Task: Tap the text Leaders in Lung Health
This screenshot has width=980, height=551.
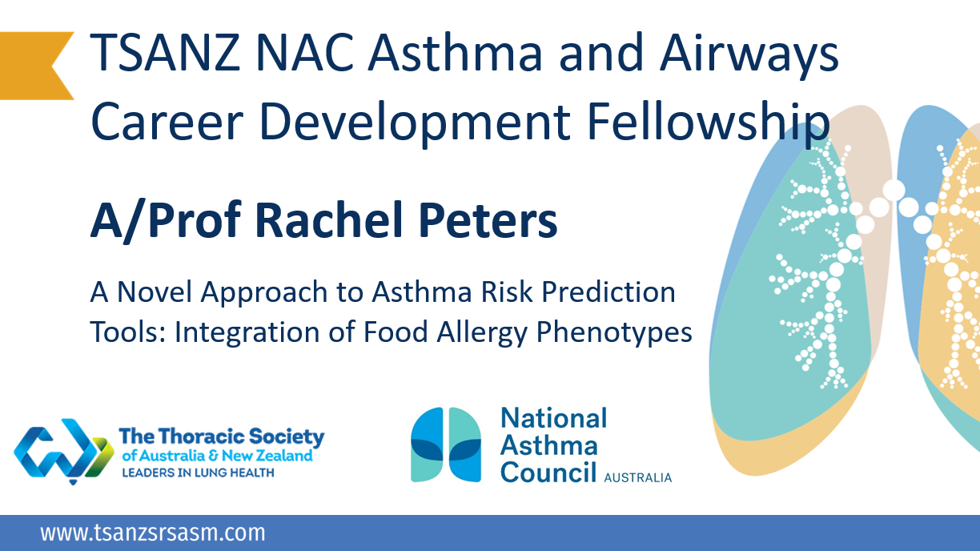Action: (x=197, y=473)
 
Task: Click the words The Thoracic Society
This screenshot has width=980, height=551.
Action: (x=221, y=437)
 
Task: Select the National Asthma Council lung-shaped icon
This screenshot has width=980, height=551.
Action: (x=446, y=444)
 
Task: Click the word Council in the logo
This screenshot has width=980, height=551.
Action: (x=548, y=472)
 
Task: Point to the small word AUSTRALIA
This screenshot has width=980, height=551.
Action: (x=637, y=478)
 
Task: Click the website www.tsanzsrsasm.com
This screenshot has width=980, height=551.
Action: (x=152, y=533)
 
